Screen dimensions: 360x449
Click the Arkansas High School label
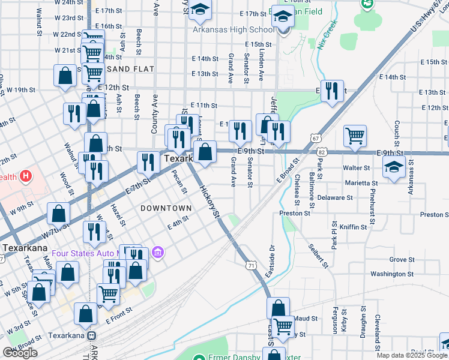[233, 29]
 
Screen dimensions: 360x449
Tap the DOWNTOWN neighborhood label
[166, 208]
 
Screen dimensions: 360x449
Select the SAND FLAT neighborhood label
[130, 70]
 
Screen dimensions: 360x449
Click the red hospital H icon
[26, 176]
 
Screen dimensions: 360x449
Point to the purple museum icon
[158, 252]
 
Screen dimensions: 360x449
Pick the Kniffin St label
[353, 227]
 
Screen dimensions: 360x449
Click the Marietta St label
[360, 183]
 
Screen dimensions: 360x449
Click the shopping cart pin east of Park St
[355, 136]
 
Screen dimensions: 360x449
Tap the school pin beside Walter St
[393, 167]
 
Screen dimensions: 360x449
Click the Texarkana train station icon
[91, 336]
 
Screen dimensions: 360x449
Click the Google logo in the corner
[20, 353]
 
